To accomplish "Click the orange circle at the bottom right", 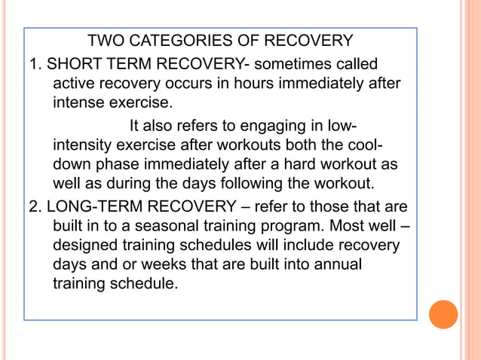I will click(443, 314).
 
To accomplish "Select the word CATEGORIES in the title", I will click(174, 39).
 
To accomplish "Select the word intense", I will click(74, 102).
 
